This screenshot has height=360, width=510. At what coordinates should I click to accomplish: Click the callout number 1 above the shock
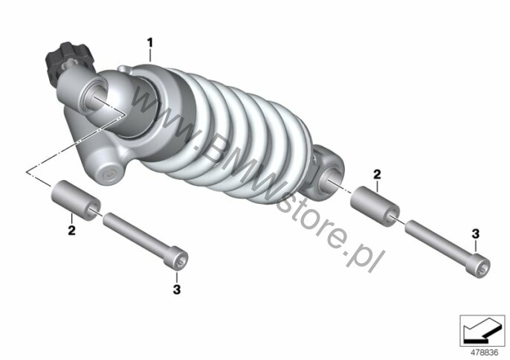pos(149,42)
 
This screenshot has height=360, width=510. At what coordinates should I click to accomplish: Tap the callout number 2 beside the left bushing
pos(71,231)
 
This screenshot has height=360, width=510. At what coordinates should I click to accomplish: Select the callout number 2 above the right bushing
pos(377,175)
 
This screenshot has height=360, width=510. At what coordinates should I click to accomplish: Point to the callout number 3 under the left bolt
pos(177,289)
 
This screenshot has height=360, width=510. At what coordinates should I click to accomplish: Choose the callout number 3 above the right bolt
pos(476,234)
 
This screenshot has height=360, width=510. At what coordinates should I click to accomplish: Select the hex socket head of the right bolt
pos(478,267)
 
